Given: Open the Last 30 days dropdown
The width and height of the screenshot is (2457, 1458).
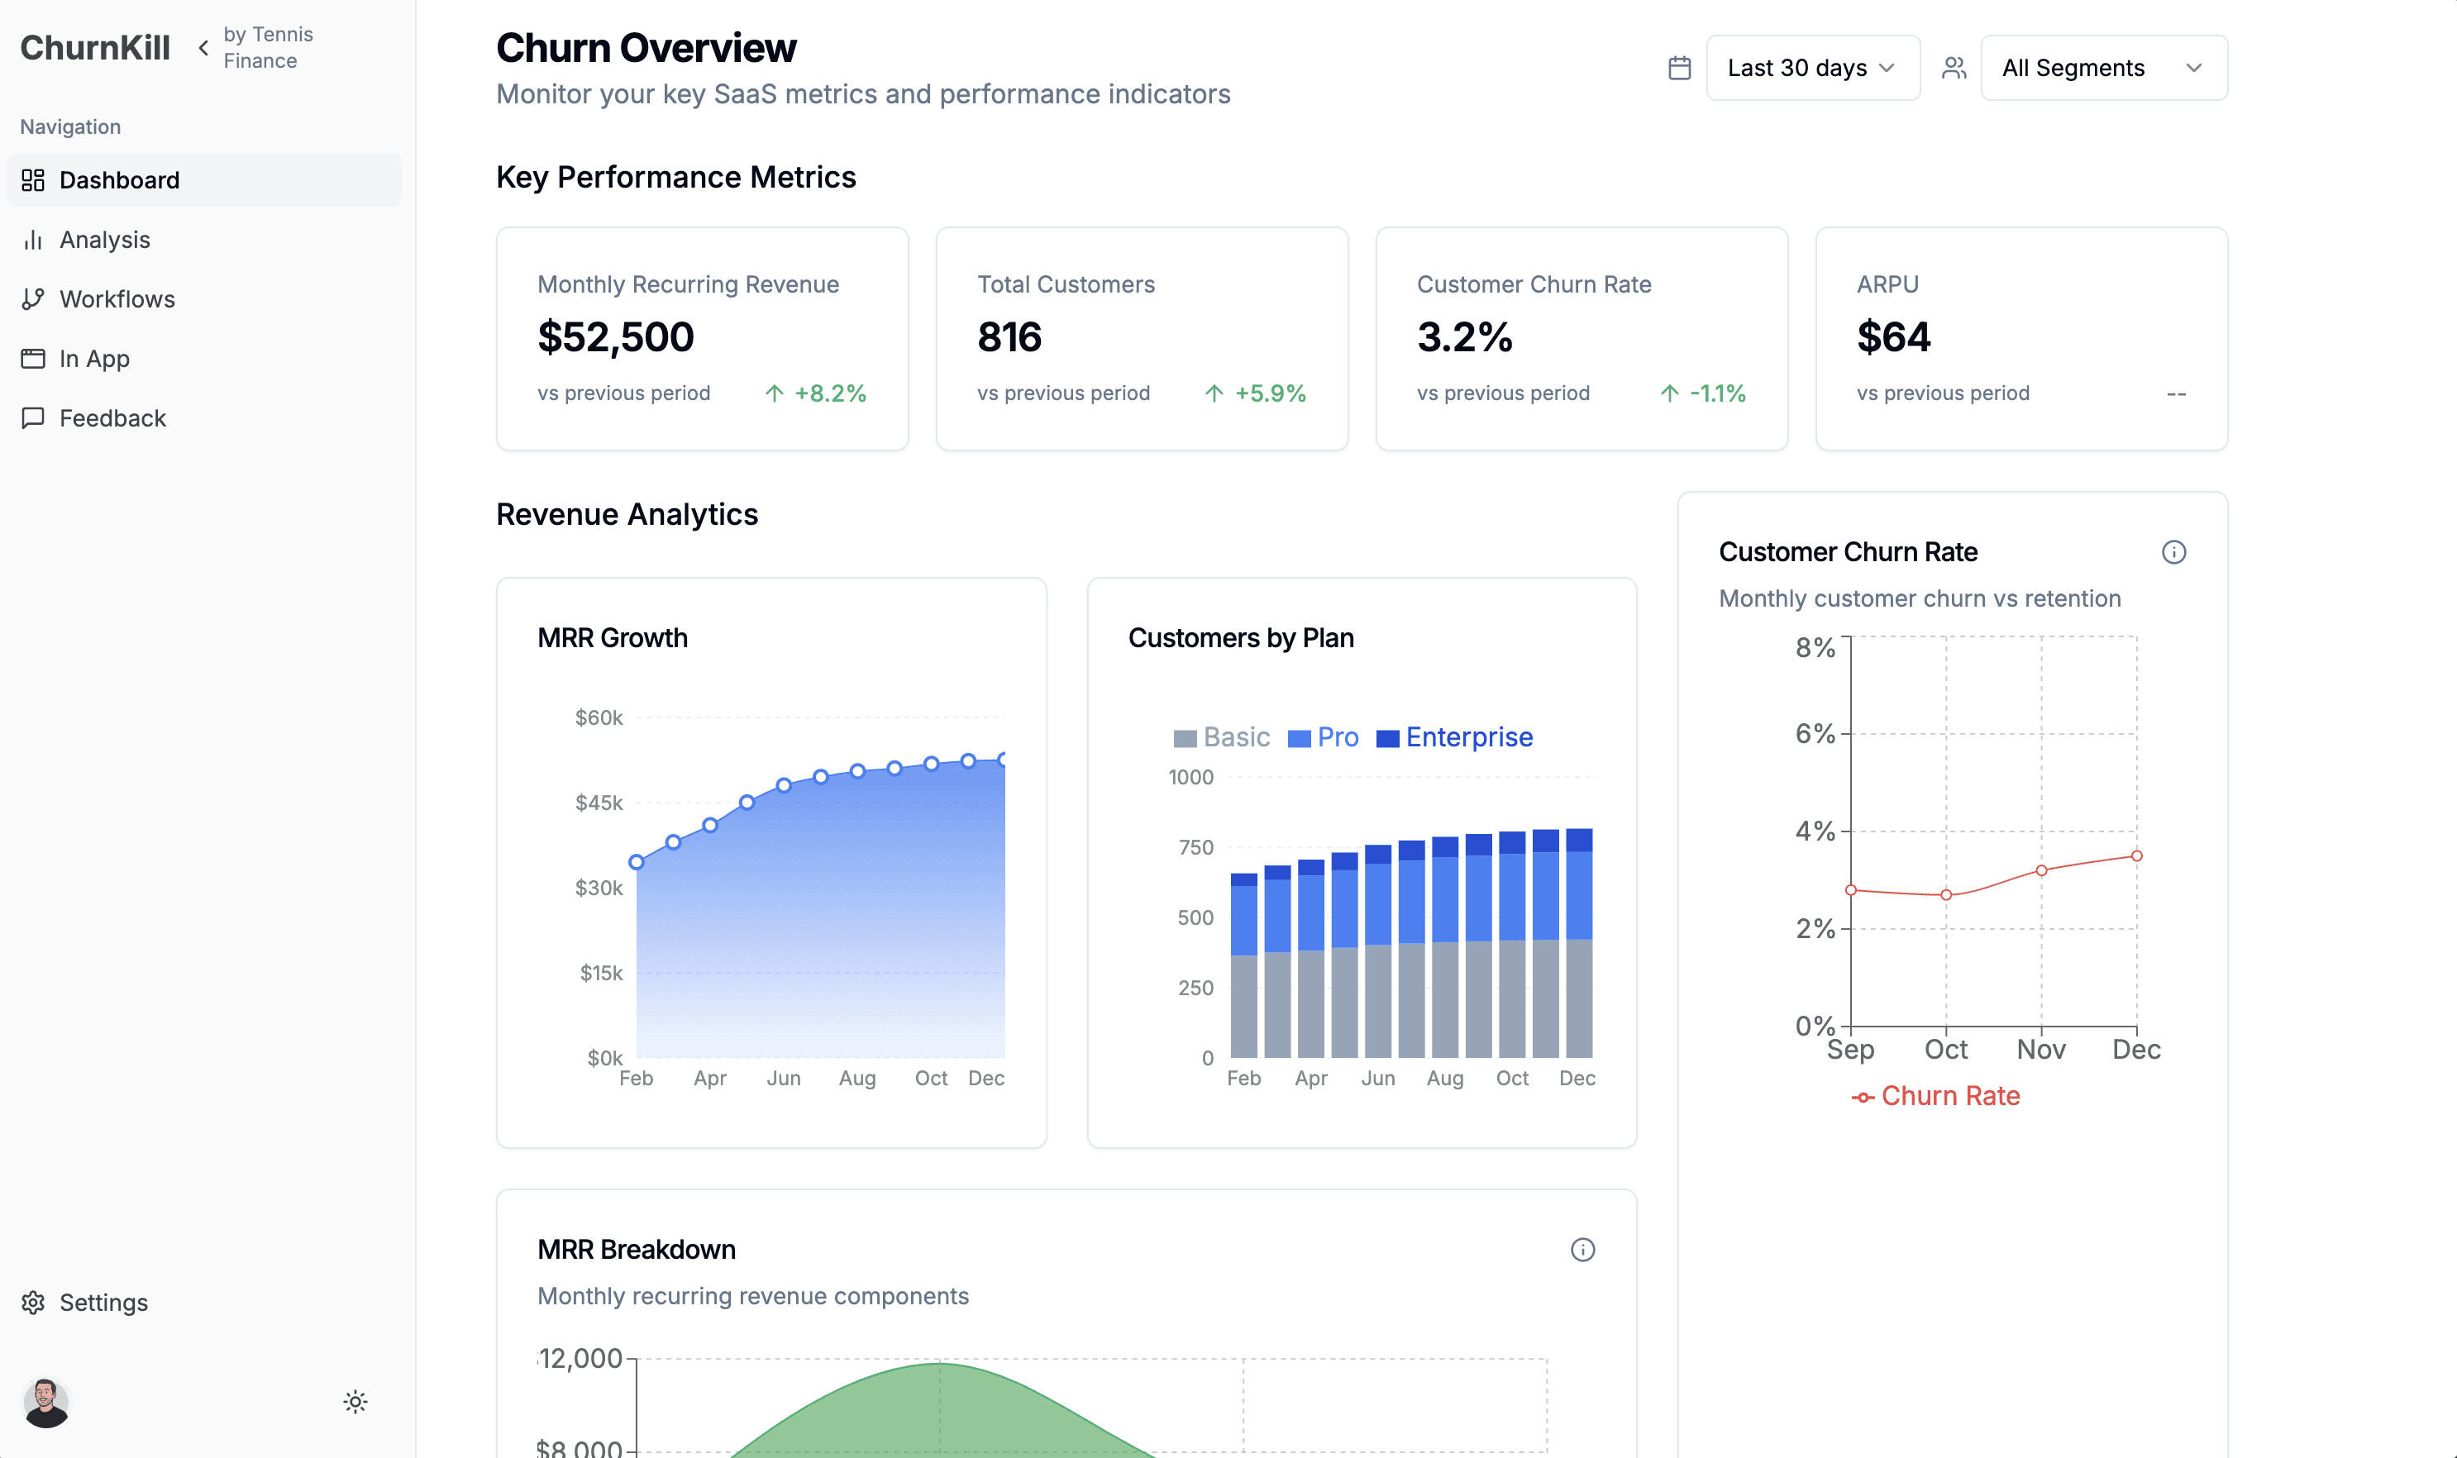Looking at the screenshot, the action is pos(1812,68).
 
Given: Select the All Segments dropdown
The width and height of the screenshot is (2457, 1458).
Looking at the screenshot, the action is pos(2103,68).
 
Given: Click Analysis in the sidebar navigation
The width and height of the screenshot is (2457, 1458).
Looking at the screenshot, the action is pos(104,240).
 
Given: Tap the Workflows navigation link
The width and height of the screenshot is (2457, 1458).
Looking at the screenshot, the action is pos(117,298).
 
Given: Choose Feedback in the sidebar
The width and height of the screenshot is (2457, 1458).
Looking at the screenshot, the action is pos(112,417).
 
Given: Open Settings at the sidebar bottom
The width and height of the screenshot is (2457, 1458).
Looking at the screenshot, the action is pos(103,1302).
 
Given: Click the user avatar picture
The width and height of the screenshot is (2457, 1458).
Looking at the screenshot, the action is pos(46,1402).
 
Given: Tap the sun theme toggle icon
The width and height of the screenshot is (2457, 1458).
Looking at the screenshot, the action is pos(355,1402).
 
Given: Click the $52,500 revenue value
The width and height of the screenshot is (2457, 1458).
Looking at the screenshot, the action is pos(616,337).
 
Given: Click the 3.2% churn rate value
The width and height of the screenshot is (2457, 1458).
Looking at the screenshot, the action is pos(1465,337).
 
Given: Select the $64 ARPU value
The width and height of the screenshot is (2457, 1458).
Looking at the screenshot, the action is pos(1893,337).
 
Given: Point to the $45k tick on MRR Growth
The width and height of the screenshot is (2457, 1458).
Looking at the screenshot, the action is pos(599,803).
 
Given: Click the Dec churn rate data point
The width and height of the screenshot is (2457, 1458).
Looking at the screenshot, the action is pos(2137,855).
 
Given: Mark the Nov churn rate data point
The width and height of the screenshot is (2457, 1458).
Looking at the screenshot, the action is pos(2041,870).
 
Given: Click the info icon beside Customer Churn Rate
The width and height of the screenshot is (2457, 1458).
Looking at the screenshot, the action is pos(2174,552).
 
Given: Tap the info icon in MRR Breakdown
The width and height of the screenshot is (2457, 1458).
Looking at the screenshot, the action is pos(1582,1250).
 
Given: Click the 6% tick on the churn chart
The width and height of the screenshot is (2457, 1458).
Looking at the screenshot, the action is pos(1815,734).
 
